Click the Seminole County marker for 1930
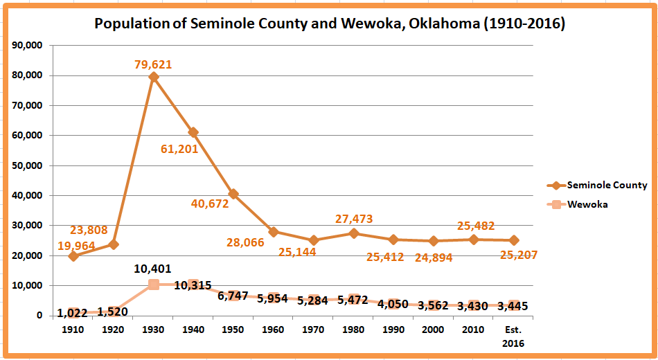(154, 77)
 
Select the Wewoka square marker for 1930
(154, 285)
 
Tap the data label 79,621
(154, 64)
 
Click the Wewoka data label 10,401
(153, 269)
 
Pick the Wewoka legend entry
(587, 204)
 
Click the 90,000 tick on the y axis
(28, 46)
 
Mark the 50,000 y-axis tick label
(28, 165)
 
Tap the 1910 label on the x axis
(73, 330)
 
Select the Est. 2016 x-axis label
(514, 336)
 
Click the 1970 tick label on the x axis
(314, 330)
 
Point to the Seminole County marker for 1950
(234, 194)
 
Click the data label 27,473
(354, 219)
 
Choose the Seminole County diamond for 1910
(73, 256)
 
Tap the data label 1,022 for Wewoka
(73, 314)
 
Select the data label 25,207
(519, 255)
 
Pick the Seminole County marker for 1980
(355, 233)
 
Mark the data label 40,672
(211, 204)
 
